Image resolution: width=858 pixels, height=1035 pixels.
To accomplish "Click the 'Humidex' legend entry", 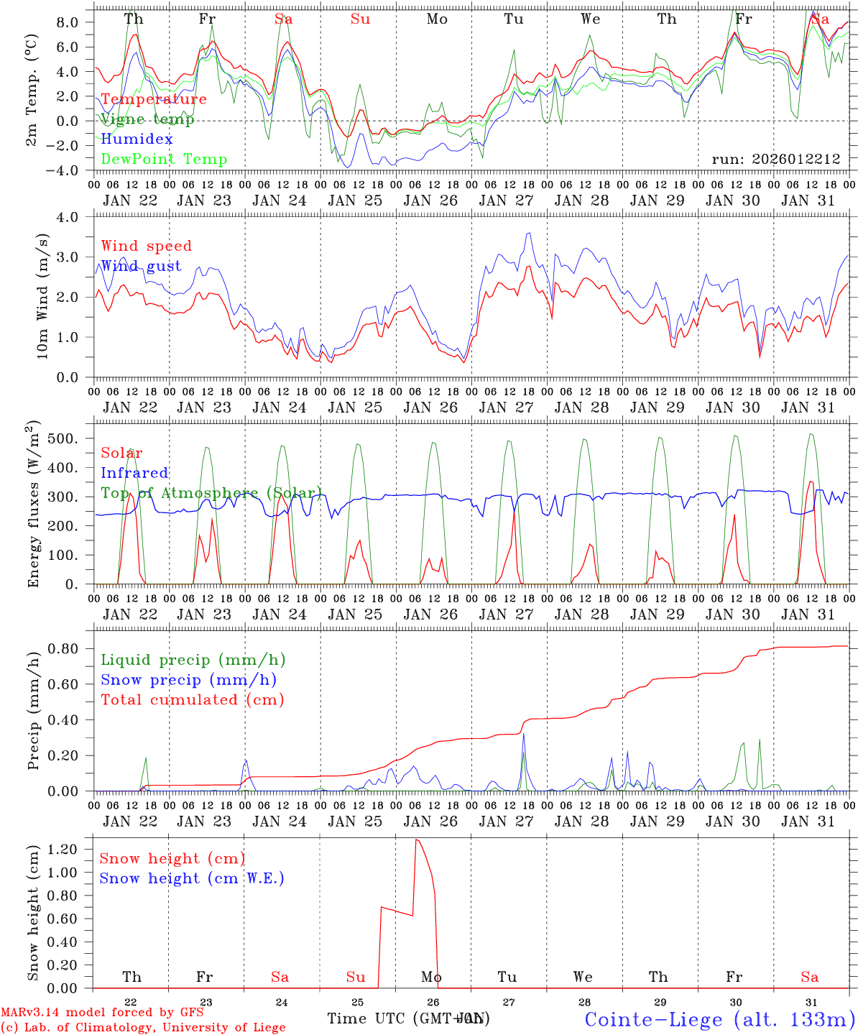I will (x=137, y=139).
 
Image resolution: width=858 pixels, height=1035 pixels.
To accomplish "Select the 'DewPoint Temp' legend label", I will (x=164, y=159).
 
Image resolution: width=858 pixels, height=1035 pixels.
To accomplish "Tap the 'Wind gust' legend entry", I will (x=141, y=266).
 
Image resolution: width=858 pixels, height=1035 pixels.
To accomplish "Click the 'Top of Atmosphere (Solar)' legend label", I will (x=211, y=492).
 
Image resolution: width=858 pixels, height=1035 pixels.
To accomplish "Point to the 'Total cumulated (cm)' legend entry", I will (x=192, y=699).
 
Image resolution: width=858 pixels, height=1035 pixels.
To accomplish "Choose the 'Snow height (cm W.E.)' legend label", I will (x=191, y=878).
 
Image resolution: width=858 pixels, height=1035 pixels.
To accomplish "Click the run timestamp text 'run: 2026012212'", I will (x=775, y=159).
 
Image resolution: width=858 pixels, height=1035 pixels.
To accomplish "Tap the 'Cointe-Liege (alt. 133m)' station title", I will (x=719, y=1018).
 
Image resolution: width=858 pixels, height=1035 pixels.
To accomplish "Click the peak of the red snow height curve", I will (x=416, y=839).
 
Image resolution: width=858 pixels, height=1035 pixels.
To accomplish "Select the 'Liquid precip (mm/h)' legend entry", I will (x=193, y=660).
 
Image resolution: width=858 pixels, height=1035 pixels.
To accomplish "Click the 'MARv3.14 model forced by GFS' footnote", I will (x=102, y=1013).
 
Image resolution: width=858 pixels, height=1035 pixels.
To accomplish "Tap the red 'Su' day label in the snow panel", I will (x=356, y=977).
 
